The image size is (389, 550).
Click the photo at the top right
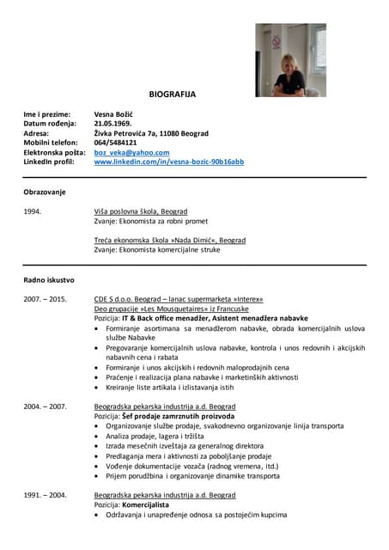pos(290,60)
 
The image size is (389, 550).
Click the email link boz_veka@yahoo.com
pos(131,152)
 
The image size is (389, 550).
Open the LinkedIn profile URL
pos(168,162)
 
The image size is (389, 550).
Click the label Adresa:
pos(36,133)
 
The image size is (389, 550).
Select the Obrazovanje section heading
pos(45,192)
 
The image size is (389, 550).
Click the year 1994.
pos(33,211)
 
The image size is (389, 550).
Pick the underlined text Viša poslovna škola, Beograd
pos(141,211)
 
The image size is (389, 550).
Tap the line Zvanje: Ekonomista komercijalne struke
pos(157,250)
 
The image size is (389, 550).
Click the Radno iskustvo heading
pos(49,280)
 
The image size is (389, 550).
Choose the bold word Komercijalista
pos(151,505)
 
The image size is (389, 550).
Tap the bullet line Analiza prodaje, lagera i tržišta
pos(164,436)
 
